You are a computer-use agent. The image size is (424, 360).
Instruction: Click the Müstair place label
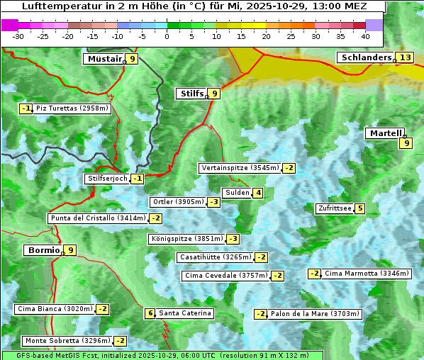click(x=104, y=59)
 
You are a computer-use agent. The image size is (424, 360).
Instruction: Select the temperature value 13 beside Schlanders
click(x=405, y=57)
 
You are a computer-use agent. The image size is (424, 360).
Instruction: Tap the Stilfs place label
click(x=191, y=93)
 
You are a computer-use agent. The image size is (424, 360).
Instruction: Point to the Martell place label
click(x=384, y=133)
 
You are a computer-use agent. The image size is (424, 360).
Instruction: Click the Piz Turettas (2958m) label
click(x=72, y=108)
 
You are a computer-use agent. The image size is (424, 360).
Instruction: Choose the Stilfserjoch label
click(x=106, y=179)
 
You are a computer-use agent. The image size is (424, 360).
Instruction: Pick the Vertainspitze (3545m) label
click(x=240, y=168)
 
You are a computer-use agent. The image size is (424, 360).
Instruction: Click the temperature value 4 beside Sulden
click(x=259, y=193)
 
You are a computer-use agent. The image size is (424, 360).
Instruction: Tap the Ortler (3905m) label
click(x=178, y=202)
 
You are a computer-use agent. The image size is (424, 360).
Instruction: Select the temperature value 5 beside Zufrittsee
click(x=360, y=208)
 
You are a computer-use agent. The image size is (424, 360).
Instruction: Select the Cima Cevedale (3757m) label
click(x=226, y=276)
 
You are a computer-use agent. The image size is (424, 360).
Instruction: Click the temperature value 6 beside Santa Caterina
click(x=150, y=313)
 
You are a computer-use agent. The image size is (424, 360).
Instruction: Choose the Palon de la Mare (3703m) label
click(x=315, y=314)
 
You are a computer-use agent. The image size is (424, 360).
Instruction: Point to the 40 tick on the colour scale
click(x=365, y=35)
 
